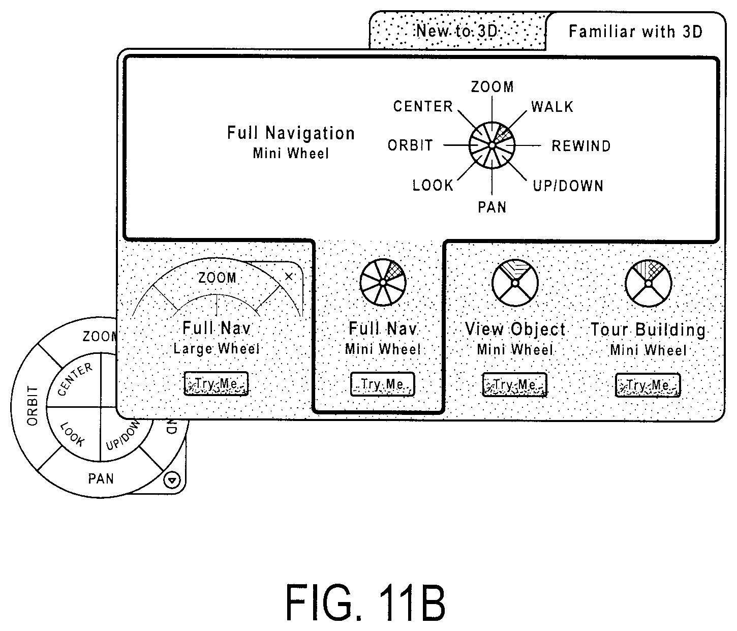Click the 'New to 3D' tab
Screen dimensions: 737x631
[x=458, y=31]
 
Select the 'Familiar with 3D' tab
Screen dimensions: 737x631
[x=635, y=32]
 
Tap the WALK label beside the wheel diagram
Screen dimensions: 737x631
[x=552, y=107]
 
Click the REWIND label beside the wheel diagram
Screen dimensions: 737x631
[x=581, y=146]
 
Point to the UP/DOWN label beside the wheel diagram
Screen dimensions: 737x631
[x=568, y=186]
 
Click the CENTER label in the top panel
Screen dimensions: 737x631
[x=423, y=106]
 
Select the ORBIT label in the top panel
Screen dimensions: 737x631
[x=410, y=145]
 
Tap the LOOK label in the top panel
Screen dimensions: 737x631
[x=433, y=186]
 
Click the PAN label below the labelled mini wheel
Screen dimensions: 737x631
[x=492, y=207]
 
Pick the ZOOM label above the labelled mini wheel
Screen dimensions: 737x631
[x=493, y=86]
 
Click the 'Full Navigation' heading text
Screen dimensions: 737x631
[x=291, y=133]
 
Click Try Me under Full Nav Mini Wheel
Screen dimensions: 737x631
[x=383, y=384]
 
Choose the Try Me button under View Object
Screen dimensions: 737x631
[x=514, y=385]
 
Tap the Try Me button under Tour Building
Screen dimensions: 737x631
[x=648, y=385]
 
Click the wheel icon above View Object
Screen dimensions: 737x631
[x=515, y=283]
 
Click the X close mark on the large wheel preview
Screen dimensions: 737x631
[x=289, y=277]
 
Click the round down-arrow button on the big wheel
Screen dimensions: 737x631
[x=172, y=480]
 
